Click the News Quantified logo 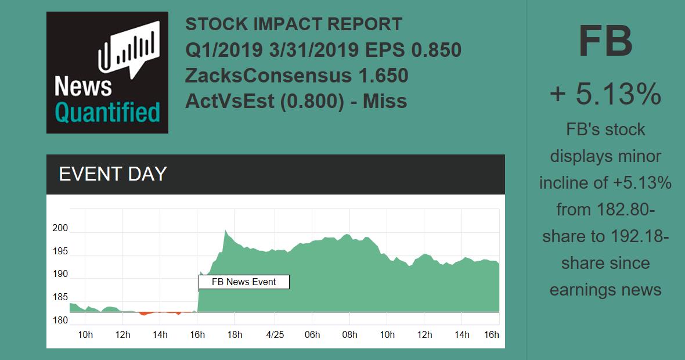tap(107, 73)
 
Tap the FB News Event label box tap(244, 282)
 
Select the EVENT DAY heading tap(113, 174)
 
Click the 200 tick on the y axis tap(60, 228)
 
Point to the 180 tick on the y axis tap(60, 320)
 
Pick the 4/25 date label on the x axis tap(275, 335)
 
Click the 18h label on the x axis tap(235, 335)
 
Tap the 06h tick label tap(312, 335)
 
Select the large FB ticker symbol tap(605, 42)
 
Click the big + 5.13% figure tap(605, 94)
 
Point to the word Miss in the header tap(385, 101)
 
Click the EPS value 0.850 tap(436, 50)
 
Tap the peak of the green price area tap(225, 231)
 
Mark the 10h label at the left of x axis tap(85, 335)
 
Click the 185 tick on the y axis tap(60, 297)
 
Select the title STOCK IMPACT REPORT tap(294, 24)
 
